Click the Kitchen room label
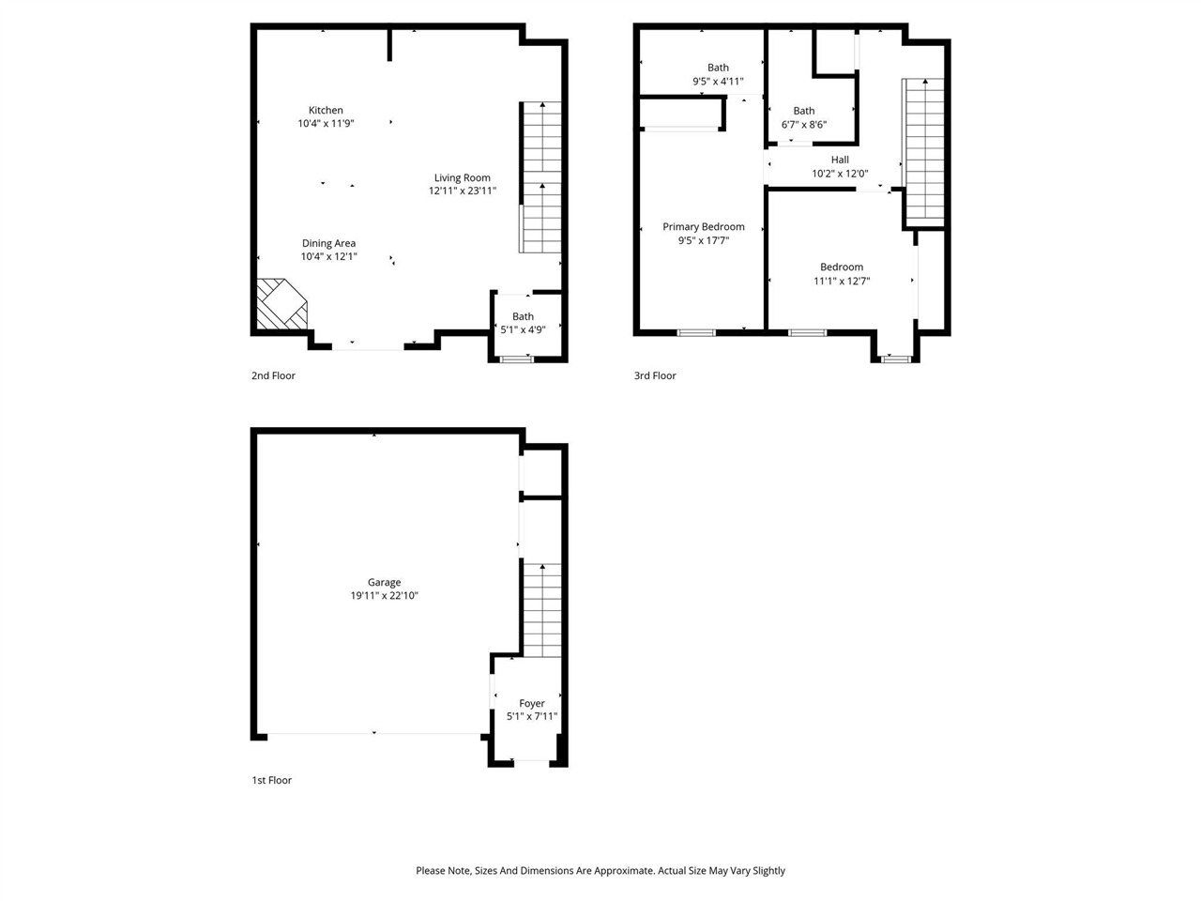tap(326, 110)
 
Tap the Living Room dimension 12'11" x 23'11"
tap(463, 191)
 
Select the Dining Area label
tap(328, 243)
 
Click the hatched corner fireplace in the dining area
tap(281, 304)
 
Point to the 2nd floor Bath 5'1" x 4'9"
tap(523, 323)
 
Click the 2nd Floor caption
tap(273, 375)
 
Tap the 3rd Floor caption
tap(654, 375)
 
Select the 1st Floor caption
tap(272, 780)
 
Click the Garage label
tap(384, 582)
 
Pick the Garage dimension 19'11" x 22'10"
tap(384, 595)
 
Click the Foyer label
tap(532, 703)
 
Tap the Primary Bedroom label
tap(704, 226)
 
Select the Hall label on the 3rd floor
tap(840, 160)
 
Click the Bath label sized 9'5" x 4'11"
tap(718, 68)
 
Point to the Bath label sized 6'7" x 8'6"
tap(804, 111)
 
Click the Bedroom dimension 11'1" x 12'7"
tap(842, 281)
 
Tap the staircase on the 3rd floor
tap(924, 150)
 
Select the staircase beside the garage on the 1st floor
tap(541, 610)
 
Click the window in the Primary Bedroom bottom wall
tap(696, 332)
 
